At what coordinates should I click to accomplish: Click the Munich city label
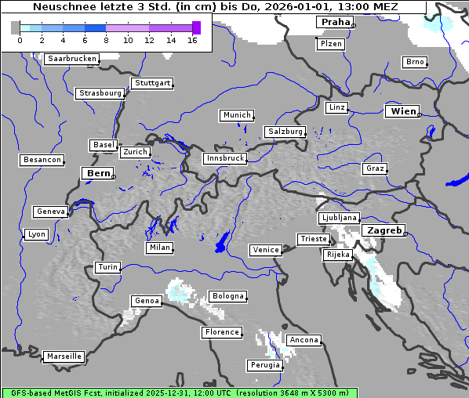tap(237, 115)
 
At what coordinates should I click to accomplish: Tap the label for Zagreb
tap(383, 230)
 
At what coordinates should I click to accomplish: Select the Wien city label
tap(403, 111)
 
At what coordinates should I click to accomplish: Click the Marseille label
tap(64, 356)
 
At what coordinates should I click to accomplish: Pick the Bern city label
tap(98, 172)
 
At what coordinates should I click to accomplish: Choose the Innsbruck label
tap(224, 158)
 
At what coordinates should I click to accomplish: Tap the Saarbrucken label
tap(72, 59)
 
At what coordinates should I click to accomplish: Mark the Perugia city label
tap(264, 365)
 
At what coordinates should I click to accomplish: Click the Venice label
tap(266, 250)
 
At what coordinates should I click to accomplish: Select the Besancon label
tap(42, 160)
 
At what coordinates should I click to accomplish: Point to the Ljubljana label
tap(339, 218)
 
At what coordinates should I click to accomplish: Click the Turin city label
tap(107, 267)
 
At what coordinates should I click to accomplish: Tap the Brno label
tap(414, 62)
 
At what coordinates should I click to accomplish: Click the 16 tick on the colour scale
tap(192, 40)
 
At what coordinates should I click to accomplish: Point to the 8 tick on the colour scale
tap(106, 40)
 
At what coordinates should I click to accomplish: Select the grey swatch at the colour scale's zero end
tap(16, 27)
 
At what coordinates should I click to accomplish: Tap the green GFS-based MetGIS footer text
tap(179, 393)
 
